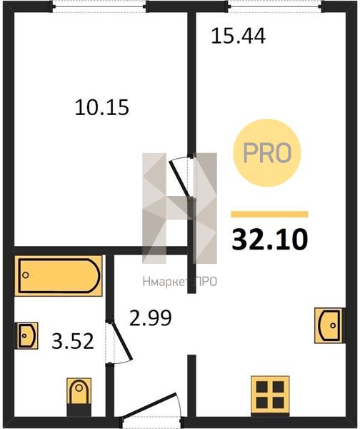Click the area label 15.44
[239, 36]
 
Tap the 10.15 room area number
[102, 107]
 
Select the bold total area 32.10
[270, 239]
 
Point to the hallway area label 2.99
[150, 317]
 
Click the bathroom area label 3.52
[73, 341]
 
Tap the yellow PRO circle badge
[267, 153]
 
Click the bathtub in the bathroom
[59, 276]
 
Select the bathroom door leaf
[122, 341]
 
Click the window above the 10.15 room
[100, 6]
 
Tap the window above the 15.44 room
[276, 6]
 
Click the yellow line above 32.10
[269, 214]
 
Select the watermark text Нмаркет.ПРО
[179, 282]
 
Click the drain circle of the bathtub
[26, 275]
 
